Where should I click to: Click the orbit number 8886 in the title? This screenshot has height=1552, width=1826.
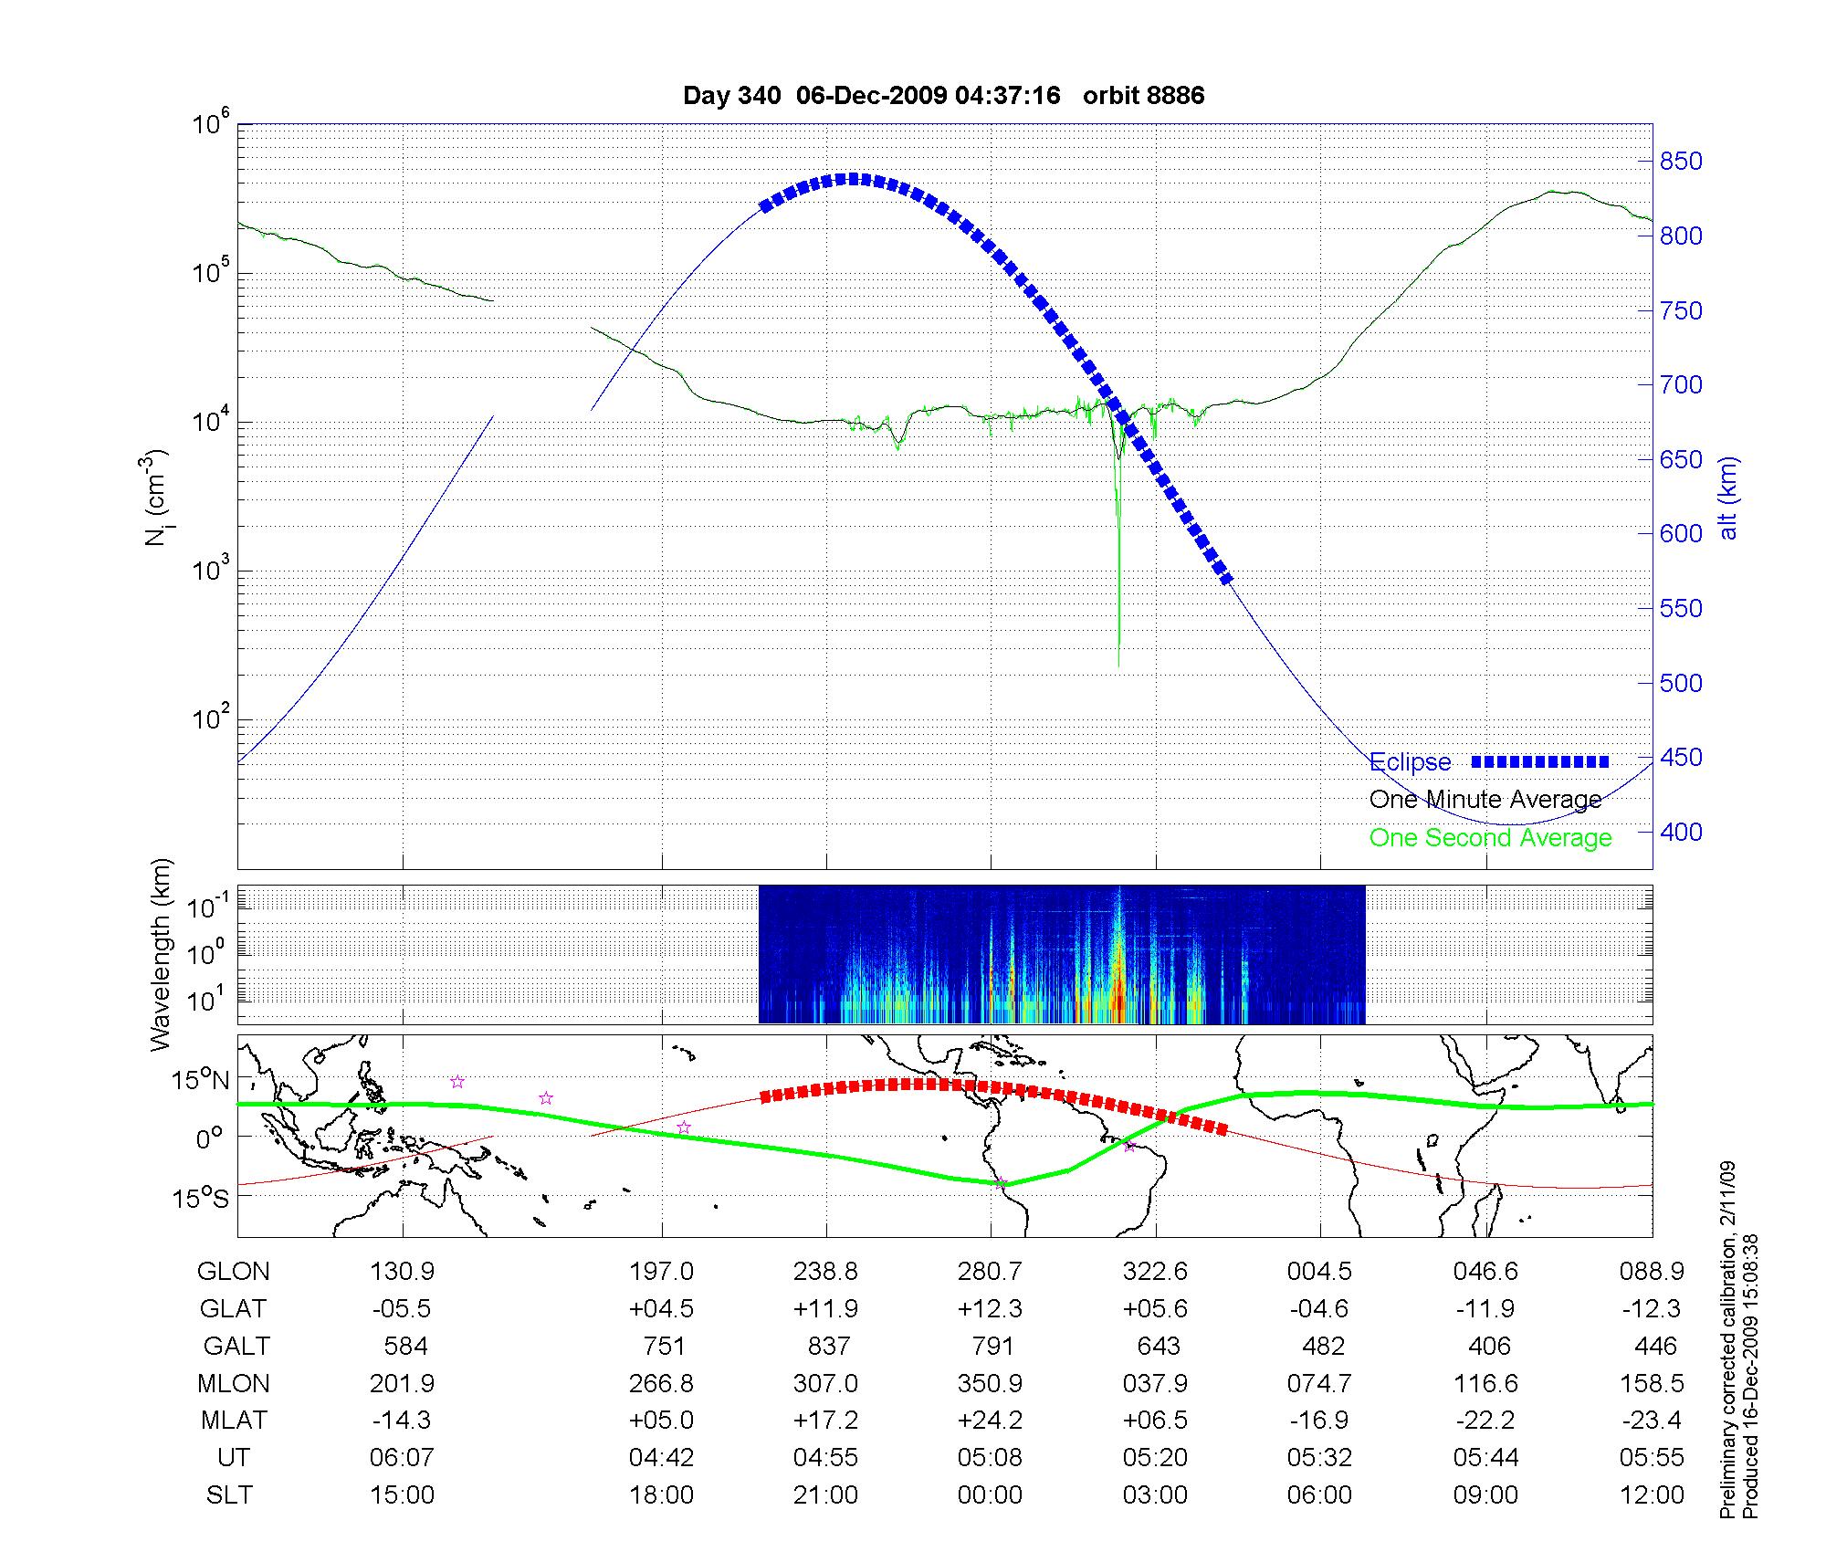[1143, 96]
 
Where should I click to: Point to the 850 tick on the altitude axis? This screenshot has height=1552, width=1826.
[1681, 162]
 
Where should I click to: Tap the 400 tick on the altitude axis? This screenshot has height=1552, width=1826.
[1681, 832]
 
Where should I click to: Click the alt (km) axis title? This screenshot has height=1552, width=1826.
[1728, 498]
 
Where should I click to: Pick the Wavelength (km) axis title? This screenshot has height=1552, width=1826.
[161, 955]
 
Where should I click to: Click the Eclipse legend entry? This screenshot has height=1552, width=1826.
[1411, 762]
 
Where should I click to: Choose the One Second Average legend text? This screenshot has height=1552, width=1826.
[1490, 838]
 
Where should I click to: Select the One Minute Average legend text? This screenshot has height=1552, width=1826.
[1485, 800]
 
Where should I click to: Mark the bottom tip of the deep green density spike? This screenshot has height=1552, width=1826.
[1118, 667]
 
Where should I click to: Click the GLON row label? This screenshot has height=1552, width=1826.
[234, 1272]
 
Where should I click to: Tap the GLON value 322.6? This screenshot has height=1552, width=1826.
[1155, 1272]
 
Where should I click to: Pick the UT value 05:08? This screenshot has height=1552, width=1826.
[991, 1458]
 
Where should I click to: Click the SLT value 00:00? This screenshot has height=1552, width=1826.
[991, 1495]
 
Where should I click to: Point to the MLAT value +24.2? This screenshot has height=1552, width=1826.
[991, 1421]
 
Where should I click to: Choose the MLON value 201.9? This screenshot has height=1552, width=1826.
[402, 1384]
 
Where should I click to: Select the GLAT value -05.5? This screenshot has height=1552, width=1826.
[402, 1309]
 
